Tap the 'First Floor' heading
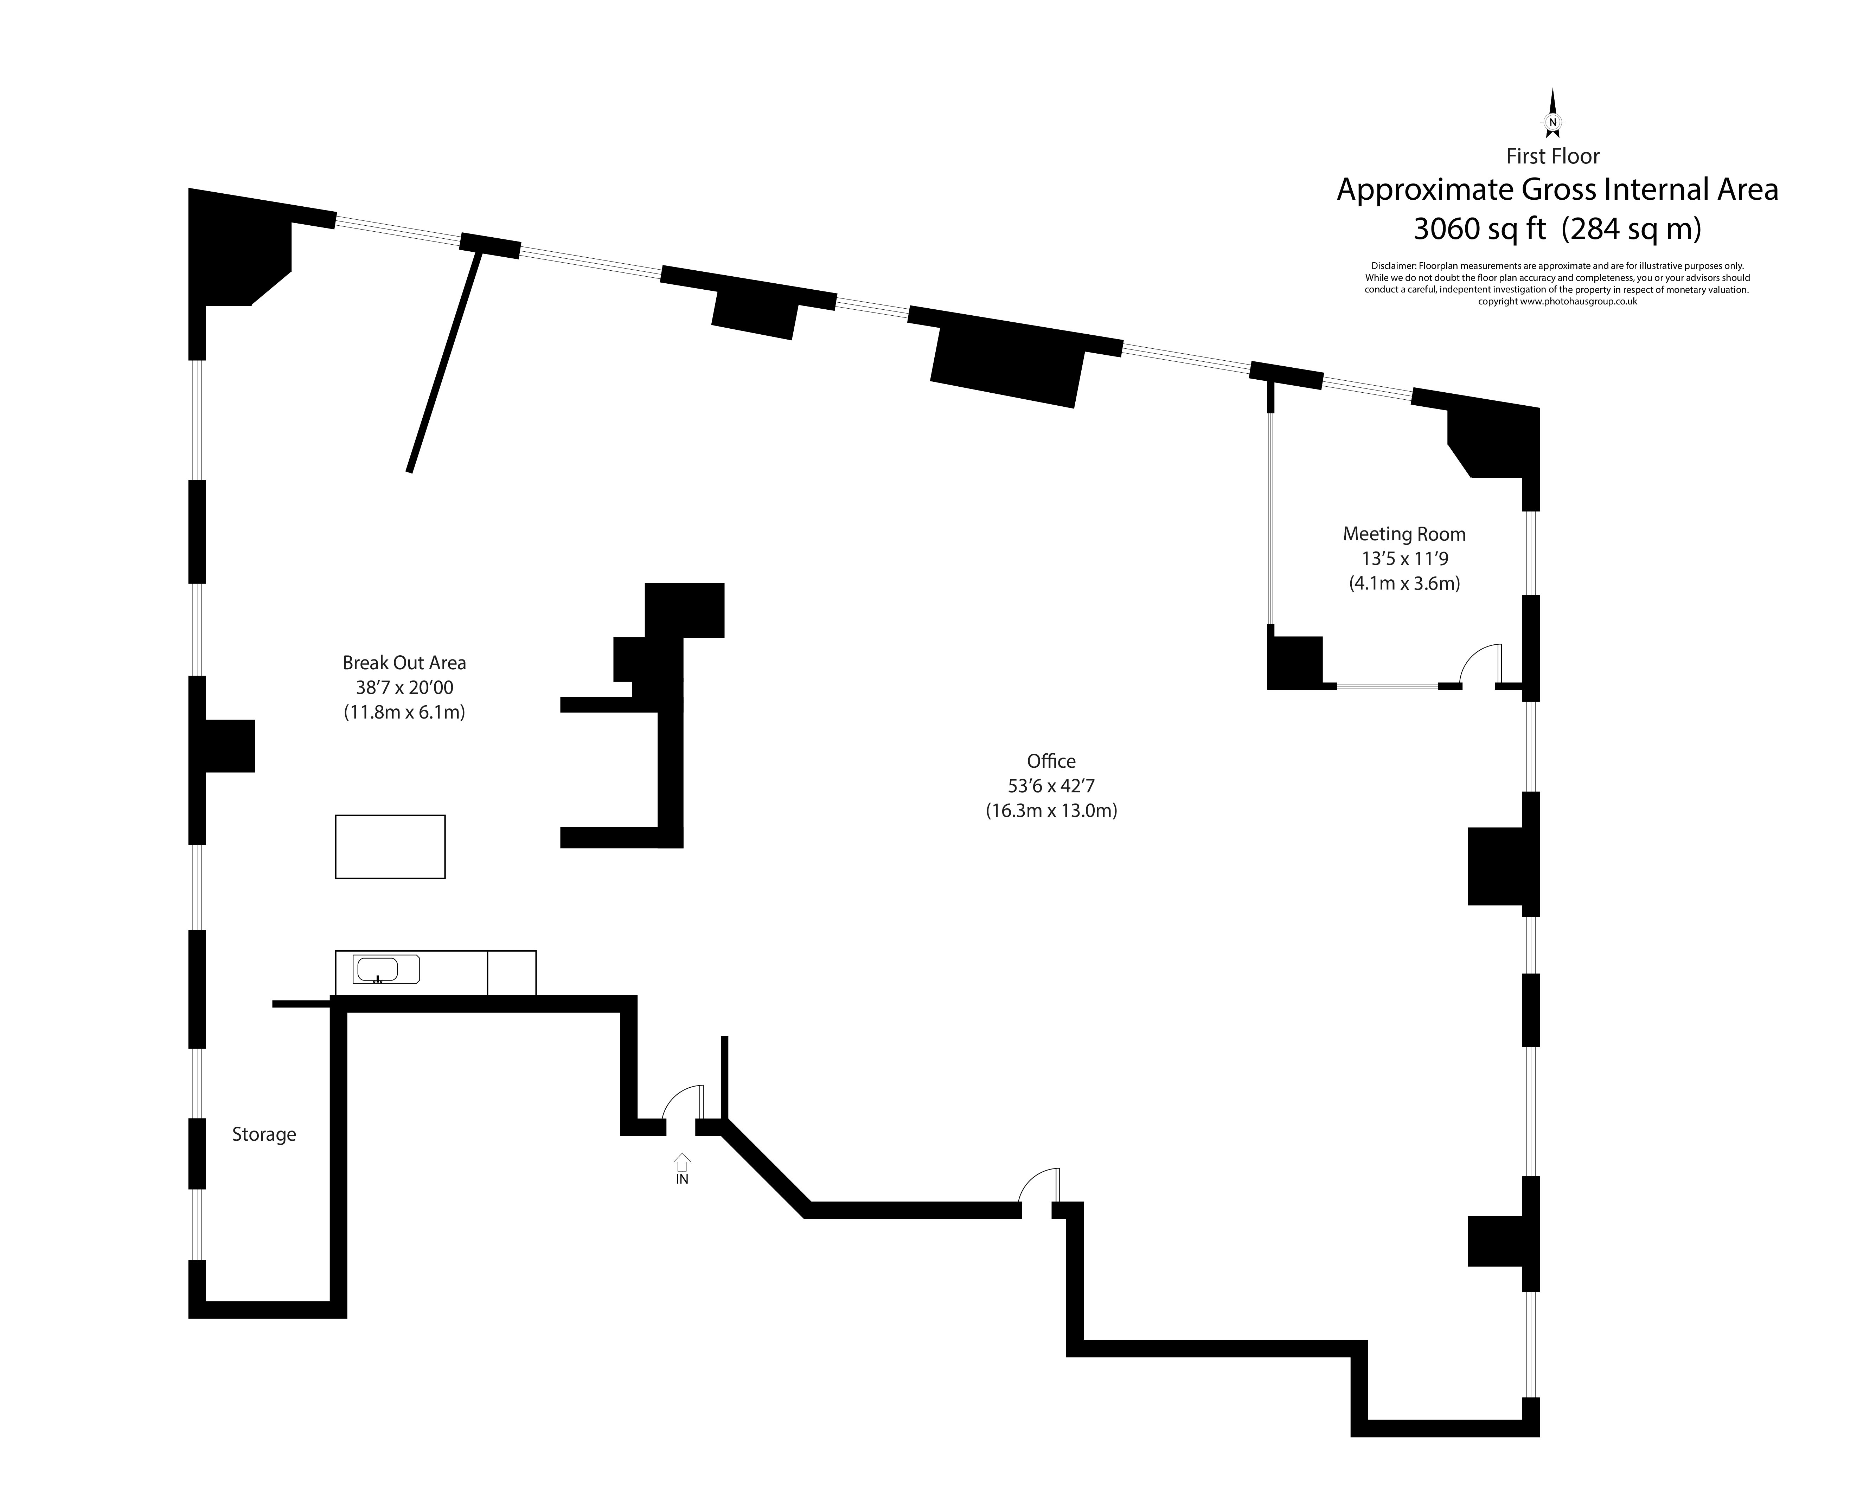click(1552, 157)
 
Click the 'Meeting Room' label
click(1403, 534)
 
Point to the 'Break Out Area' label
click(404, 663)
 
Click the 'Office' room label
click(1051, 761)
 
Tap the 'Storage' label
click(264, 1134)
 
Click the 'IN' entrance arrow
click(682, 1163)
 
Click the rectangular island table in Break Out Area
click(390, 846)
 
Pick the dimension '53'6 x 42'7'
click(1051, 786)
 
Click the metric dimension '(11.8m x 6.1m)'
click(404, 713)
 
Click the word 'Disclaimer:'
click(1393, 266)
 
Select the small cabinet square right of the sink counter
click(512, 973)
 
